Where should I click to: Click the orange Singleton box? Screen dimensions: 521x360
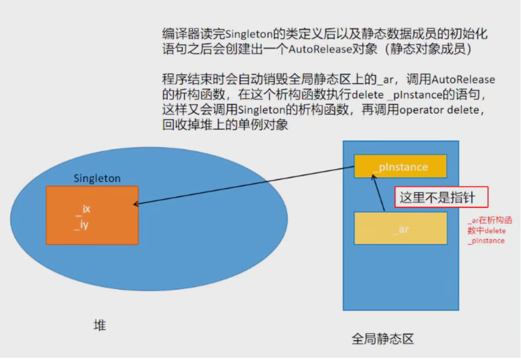(x=92, y=215)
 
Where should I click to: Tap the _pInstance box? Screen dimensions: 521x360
(x=400, y=166)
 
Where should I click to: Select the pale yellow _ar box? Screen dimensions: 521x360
(x=400, y=229)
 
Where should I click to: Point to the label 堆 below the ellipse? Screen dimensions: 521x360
(x=99, y=326)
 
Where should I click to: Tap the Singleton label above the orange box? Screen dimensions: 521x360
(x=97, y=178)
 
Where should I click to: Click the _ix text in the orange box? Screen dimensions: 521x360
(x=83, y=209)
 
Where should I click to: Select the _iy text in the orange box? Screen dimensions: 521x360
(x=83, y=224)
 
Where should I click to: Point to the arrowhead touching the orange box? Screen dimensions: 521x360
(x=136, y=205)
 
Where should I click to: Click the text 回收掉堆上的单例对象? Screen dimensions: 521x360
(x=225, y=124)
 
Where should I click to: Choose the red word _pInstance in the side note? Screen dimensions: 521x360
(x=486, y=241)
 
